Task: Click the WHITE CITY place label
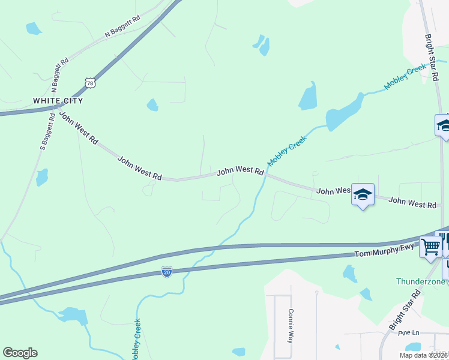[57, 100]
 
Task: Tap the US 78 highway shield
[89, 82]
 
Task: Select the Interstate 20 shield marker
[167, 272]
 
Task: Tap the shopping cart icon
[430, 246]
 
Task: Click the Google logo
[20, 353]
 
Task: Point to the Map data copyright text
[423, 355]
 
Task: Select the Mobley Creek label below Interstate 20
[135, 340]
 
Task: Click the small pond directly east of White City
[152, 105]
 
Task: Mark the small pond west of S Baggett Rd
[41, 177]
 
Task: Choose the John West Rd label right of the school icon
[412, 202]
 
